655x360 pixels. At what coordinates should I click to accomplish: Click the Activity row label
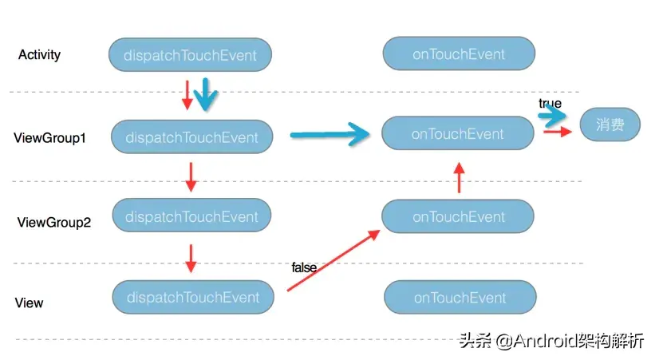point(39,55)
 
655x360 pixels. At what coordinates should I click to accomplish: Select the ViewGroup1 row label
point(49,138)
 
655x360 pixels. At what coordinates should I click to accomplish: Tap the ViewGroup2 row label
point(54,223)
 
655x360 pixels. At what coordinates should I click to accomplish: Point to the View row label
point(30,303)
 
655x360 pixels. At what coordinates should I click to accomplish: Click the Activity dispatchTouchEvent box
point(190,55)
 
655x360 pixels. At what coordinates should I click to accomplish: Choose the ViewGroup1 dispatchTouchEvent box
point(191,137)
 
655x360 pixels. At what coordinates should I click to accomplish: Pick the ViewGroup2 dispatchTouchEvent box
point(191,216)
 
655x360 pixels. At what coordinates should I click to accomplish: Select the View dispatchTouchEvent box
point(192,298)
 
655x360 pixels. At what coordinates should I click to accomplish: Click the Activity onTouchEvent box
point(458,54)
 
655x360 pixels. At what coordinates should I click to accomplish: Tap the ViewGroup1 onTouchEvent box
point(457,134)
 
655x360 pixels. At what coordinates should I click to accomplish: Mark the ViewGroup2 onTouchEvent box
point(458,216)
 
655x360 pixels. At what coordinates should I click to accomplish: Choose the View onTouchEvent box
point(459,298)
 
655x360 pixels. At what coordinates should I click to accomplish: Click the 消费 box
point(610,125)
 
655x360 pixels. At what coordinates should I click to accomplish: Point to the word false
point(304,267)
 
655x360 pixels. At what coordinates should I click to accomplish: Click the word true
point(550,104)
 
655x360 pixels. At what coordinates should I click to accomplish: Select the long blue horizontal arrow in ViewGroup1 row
point(329,136)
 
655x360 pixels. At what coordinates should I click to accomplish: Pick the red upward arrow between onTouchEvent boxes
point(459,176)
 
